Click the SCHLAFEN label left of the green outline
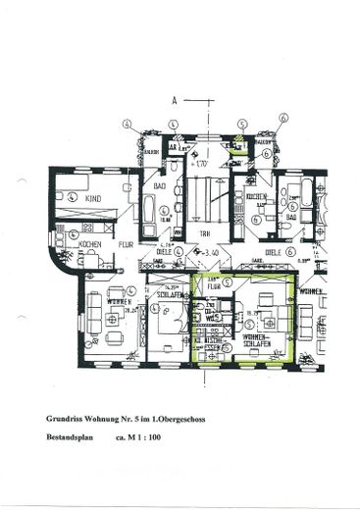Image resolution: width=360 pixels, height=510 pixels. [164, 293]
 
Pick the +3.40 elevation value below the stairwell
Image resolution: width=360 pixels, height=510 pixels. [208, 252]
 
